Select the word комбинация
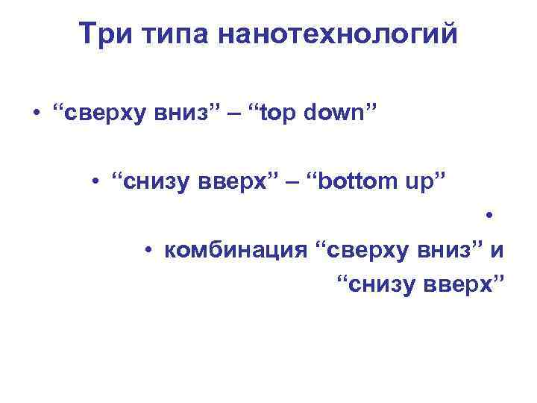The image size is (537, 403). pos(235,250)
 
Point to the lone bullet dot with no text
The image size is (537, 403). pos(489,217)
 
